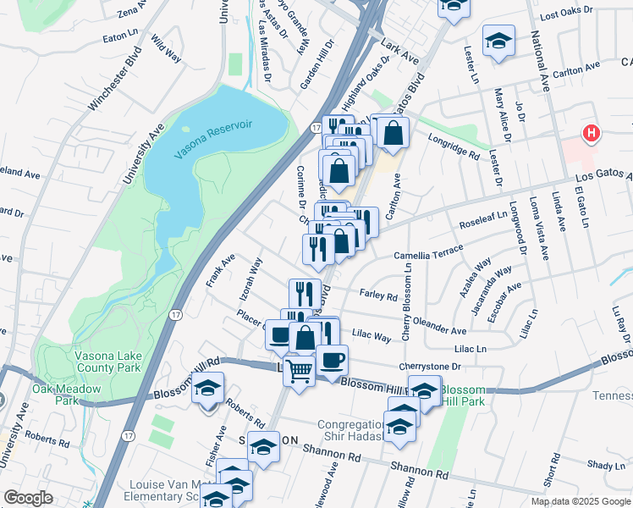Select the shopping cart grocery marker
coord(298,370)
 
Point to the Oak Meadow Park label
coord(67,395)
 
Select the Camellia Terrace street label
coord(428,254)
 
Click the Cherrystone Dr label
coord(431,367)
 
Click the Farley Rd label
coord(378,296)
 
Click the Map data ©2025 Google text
coord(580,501)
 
